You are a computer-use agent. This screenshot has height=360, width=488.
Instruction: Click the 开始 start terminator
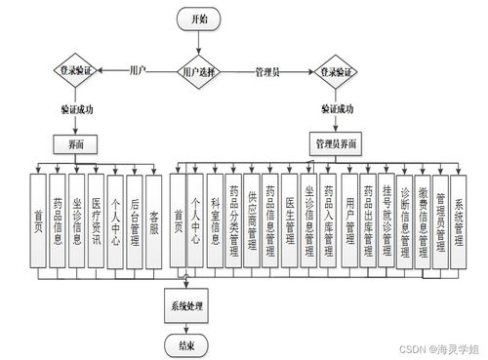click(x=200, y=19)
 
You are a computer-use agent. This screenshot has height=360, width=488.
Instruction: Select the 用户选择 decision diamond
click(x=200, y=71)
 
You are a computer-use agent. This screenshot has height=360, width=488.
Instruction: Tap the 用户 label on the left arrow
click(x=139, y=70)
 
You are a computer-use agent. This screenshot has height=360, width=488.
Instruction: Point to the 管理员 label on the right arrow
click(x=268, y=71)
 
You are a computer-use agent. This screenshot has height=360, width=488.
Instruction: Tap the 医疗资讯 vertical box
click(x=97, y=219)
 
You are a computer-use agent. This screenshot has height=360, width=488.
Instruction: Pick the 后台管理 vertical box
click(x=135, y=219)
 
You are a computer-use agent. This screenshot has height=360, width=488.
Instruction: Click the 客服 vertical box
click(x=154, y=219)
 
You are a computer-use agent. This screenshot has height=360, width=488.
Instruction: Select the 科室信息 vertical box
click(x=214, y=219)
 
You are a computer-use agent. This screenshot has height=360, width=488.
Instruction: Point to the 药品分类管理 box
click(x=233, y=219)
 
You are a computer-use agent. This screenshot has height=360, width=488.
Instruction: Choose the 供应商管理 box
click(x=252, y=219)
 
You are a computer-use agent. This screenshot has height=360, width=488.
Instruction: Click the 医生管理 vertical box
click(x=290, y=219)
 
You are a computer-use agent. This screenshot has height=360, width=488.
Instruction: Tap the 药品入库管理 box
click(x=328, y=219)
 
